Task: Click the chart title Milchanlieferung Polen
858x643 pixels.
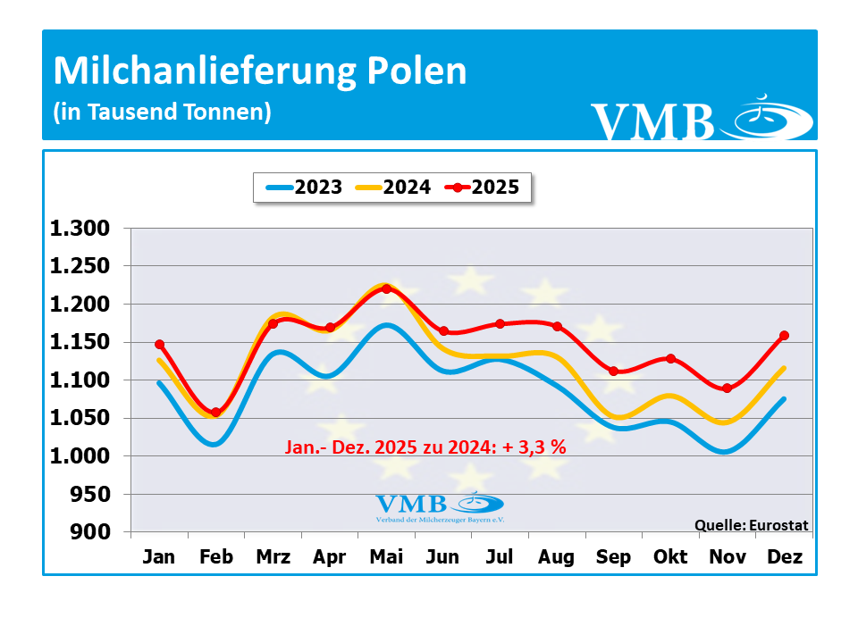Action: point(260,71)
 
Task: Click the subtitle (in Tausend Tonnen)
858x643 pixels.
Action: point(162,113)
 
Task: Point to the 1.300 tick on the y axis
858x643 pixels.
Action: point(80,229)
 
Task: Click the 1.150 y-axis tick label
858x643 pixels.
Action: point(80,342)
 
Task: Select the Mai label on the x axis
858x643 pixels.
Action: point(386,557)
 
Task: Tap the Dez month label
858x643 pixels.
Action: point(785,557)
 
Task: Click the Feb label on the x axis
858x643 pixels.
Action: point(215,557)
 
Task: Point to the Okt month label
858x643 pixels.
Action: point(670,557)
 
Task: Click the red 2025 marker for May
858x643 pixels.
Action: point(386,288)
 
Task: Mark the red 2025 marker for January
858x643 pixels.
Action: point(159,344)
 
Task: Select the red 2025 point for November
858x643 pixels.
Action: point(728,388)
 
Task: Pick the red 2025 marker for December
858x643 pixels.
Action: point(784,336)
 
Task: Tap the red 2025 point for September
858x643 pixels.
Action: point(613,372)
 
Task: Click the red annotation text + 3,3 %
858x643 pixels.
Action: point(535,448)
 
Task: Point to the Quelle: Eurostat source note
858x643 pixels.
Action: point(751,525)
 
